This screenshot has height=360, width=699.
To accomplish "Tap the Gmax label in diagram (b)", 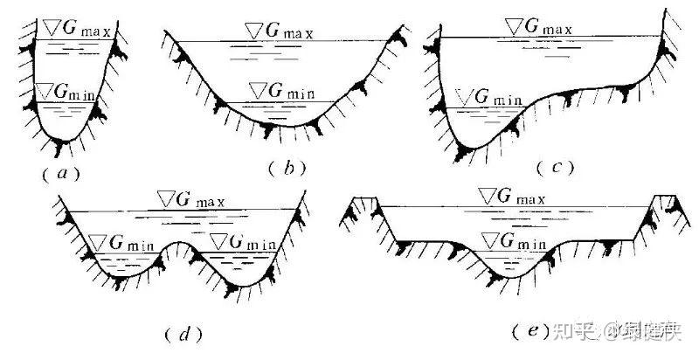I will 280,31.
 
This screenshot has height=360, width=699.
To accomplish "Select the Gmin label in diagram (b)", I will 281,91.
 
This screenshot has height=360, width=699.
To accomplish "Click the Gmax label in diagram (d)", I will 190,200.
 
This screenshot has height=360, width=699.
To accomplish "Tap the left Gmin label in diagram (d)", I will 122,242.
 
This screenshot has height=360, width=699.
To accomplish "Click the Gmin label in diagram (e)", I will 515,241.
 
